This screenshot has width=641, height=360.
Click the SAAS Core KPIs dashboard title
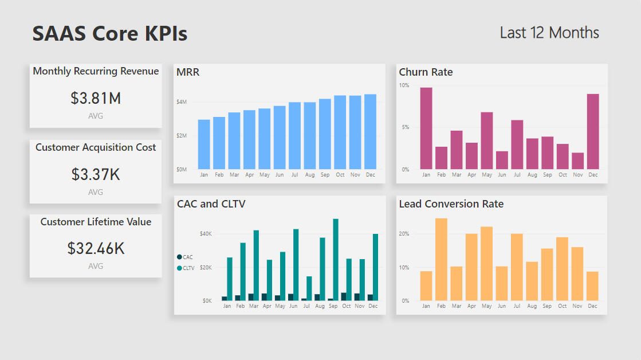point(110,33)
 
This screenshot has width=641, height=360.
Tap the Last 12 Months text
point(549,33)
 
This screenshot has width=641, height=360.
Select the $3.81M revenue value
point(96,99)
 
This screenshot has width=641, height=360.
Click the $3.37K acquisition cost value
point(96,174)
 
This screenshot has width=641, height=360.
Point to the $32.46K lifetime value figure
point(96,248)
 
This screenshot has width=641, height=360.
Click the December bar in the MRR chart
point(370,132)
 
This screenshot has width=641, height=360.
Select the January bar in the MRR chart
point(204,144)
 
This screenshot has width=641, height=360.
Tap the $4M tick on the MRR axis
point(182,102)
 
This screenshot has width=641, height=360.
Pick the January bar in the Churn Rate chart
point(426,128)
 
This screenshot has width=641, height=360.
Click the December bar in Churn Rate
point(593,132)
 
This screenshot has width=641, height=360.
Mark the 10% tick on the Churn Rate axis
point(404,85)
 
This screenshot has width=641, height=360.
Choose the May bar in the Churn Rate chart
point(487,140)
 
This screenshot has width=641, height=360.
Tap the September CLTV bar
point(336,260)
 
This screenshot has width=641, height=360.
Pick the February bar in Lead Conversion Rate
point(441,259)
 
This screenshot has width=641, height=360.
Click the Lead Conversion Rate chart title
point(451,204)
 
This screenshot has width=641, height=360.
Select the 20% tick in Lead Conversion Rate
point(404,234)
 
